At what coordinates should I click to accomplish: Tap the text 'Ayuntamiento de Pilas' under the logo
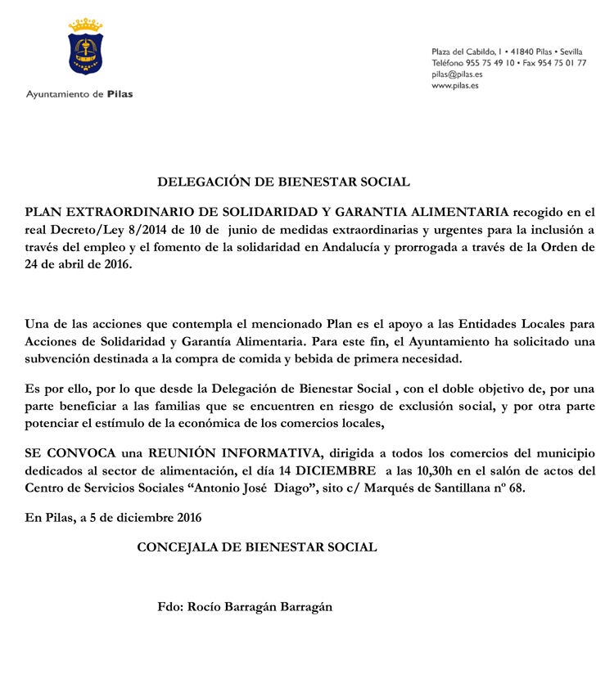point(79,94)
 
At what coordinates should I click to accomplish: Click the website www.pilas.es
point(455,85)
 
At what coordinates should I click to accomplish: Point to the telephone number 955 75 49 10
point(490,63)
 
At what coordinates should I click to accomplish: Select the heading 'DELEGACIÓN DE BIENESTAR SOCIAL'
point(283,182)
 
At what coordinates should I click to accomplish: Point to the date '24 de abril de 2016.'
point(78,265)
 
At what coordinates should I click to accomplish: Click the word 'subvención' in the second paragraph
point(59,358)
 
